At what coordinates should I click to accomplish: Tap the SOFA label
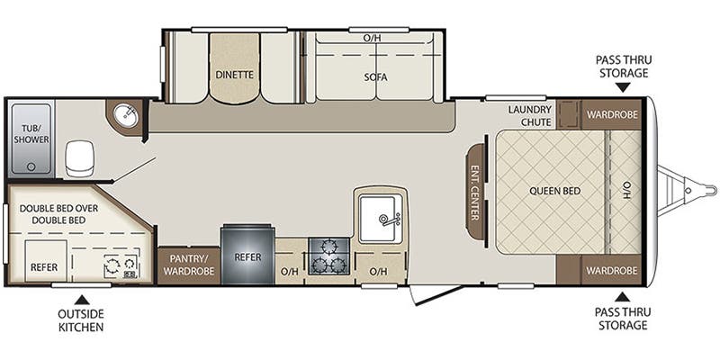[376, 77]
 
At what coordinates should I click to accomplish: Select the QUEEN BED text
[553, 191]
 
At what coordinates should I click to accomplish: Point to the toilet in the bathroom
[79, 159]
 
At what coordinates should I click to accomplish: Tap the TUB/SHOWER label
[31, 134]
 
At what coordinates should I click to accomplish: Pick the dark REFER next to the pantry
[247, 256]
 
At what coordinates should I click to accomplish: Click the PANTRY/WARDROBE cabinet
[189, 264]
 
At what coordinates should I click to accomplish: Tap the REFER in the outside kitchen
[44, 267]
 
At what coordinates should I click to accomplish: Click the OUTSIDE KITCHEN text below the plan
[81, 320]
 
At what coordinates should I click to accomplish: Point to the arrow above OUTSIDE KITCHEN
[81, 298]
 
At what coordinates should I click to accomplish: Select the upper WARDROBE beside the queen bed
[611, 114]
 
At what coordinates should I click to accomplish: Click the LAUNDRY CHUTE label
[529, 116]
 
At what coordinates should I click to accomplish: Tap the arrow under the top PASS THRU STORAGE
[622, 87]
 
